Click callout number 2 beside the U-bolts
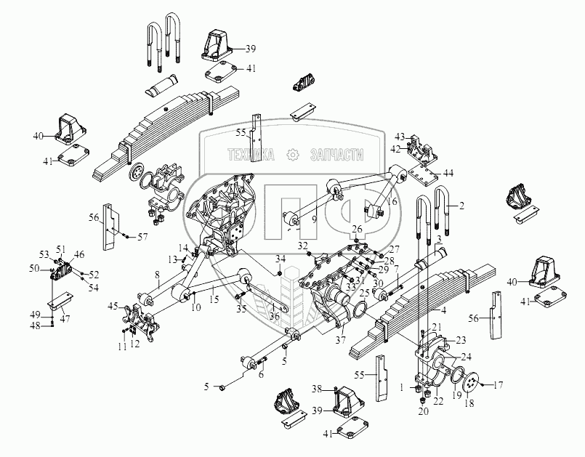pos(462,206)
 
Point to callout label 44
pos(448,173)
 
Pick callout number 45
pos(113,306)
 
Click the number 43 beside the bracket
pos(399,137)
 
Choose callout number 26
pos(357,229)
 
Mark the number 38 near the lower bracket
pos(318,389)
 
